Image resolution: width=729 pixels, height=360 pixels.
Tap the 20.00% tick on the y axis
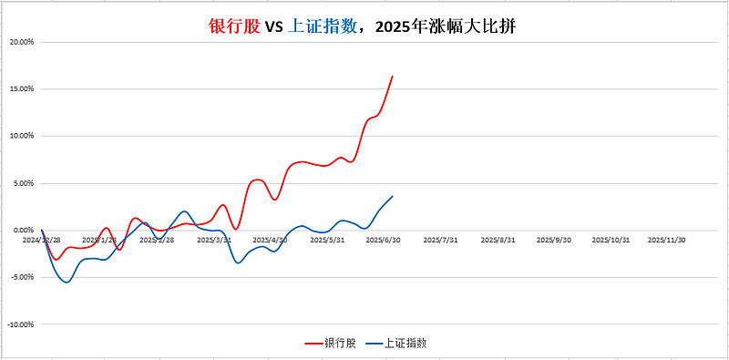point(21,42)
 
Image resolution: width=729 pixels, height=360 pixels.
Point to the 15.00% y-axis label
point(21,89)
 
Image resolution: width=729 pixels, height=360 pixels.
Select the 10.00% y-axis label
point(21,136)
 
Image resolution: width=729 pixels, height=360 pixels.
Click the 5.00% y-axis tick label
point(23,183)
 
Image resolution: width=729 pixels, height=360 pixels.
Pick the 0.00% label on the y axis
point(23,231)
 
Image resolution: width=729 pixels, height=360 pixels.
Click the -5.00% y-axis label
point(22,277)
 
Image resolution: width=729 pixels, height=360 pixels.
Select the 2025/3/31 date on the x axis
point(215,241)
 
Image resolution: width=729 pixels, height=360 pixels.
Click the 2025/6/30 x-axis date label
point(385,241)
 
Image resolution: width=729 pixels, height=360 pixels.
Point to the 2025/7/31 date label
point(441,241)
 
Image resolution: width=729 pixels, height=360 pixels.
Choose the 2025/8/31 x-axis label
point(498,241)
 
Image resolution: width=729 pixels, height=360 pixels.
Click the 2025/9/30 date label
point(554,241)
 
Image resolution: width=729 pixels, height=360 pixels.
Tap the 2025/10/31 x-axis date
point(611,241)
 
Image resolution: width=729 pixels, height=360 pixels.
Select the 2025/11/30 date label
point(667,241)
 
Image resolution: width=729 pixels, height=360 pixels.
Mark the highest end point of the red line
point(393,77)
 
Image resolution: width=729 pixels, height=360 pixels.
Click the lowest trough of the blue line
point(66,282)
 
